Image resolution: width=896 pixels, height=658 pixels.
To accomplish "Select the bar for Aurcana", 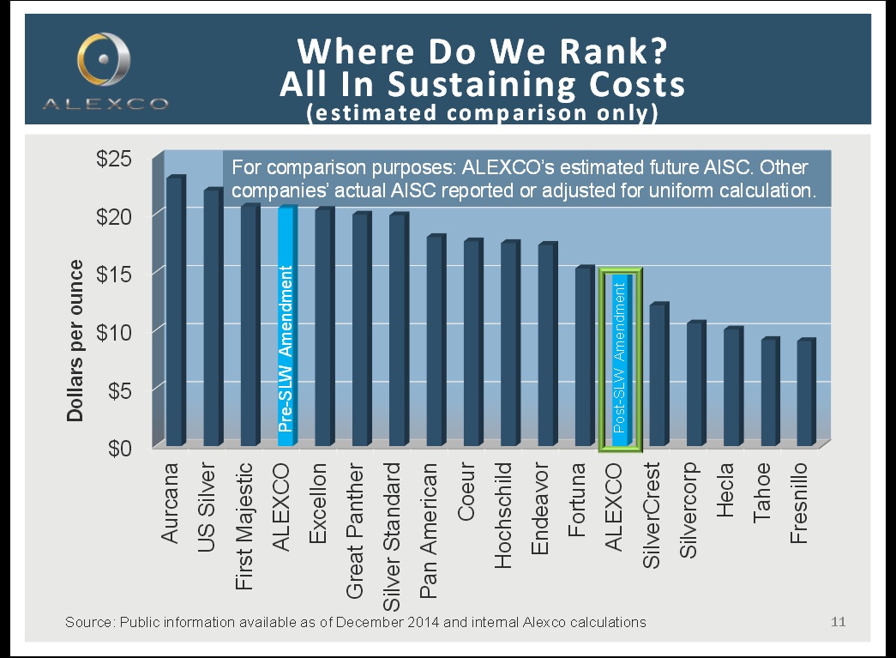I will [174, 313].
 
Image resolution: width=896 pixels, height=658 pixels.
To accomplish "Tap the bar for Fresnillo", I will [805, 393].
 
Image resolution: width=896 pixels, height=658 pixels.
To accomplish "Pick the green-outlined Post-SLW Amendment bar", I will [620, 360].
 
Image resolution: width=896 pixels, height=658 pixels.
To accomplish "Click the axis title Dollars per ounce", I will [75, 341].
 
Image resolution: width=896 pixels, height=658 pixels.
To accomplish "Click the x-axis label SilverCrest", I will [652, 516].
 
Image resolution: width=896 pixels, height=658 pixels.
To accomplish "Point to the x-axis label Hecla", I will [725, 490].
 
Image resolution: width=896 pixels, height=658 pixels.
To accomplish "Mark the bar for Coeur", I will [472, 343].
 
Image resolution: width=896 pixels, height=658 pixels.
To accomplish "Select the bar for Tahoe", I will [768, 392].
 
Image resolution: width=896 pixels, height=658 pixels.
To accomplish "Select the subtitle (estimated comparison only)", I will [482, 113].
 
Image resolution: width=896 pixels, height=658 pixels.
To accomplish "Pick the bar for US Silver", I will [212, 319].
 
